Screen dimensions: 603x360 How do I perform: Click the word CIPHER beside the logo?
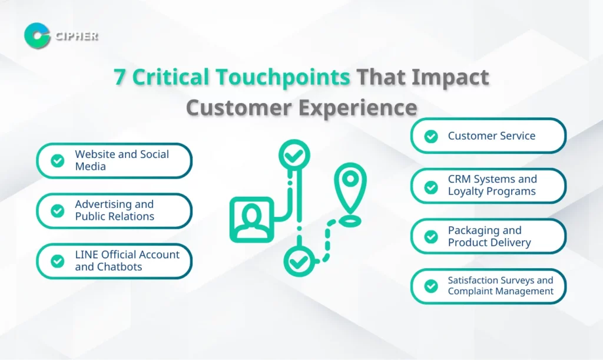pos(77,36)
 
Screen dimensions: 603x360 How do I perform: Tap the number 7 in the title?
pos(120,77)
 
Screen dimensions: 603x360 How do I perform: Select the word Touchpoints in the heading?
pos(283,77)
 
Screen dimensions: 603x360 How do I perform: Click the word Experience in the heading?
pos(357,108)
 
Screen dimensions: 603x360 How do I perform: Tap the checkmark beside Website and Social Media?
pos(58,160)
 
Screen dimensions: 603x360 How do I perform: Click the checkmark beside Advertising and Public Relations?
pos(58,211)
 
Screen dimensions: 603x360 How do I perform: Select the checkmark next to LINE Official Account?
pos(58,261)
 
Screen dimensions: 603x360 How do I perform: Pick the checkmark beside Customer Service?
pos(431,136)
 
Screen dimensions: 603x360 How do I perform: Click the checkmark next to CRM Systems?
pos(431,187)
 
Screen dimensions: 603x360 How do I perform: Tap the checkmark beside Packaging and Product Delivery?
pos(431,236)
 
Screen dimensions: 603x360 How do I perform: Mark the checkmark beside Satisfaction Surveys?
pos(431,286)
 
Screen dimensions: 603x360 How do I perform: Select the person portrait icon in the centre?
pos(252,220)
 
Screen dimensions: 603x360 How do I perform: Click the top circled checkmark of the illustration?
pos(294,155)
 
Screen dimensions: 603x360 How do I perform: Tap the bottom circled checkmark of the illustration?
pos(299,262)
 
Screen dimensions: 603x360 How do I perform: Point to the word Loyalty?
pos(466,191)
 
